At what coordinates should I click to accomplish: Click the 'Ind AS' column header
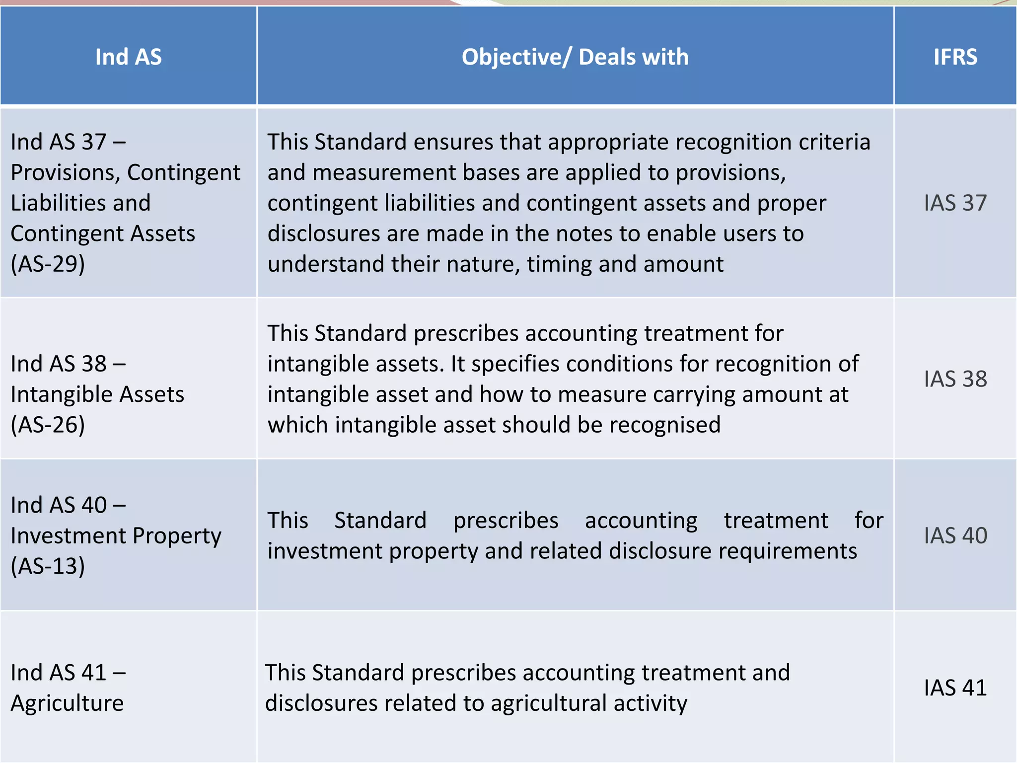128,57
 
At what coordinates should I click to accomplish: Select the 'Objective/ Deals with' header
575,57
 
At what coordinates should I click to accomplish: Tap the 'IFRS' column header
955,57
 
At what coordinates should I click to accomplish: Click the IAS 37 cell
955,203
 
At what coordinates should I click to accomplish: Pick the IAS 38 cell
955,379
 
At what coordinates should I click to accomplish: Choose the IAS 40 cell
955,535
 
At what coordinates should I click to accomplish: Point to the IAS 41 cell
955,687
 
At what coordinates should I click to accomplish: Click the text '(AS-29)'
48,264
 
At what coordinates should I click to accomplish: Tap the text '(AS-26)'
48,425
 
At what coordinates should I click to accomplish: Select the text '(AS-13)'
48,566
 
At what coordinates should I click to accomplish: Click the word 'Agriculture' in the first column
67,703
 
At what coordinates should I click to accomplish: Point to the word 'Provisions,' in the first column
66,173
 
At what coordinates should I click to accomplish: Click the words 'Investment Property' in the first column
116,535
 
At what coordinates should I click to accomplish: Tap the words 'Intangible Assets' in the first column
97,394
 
